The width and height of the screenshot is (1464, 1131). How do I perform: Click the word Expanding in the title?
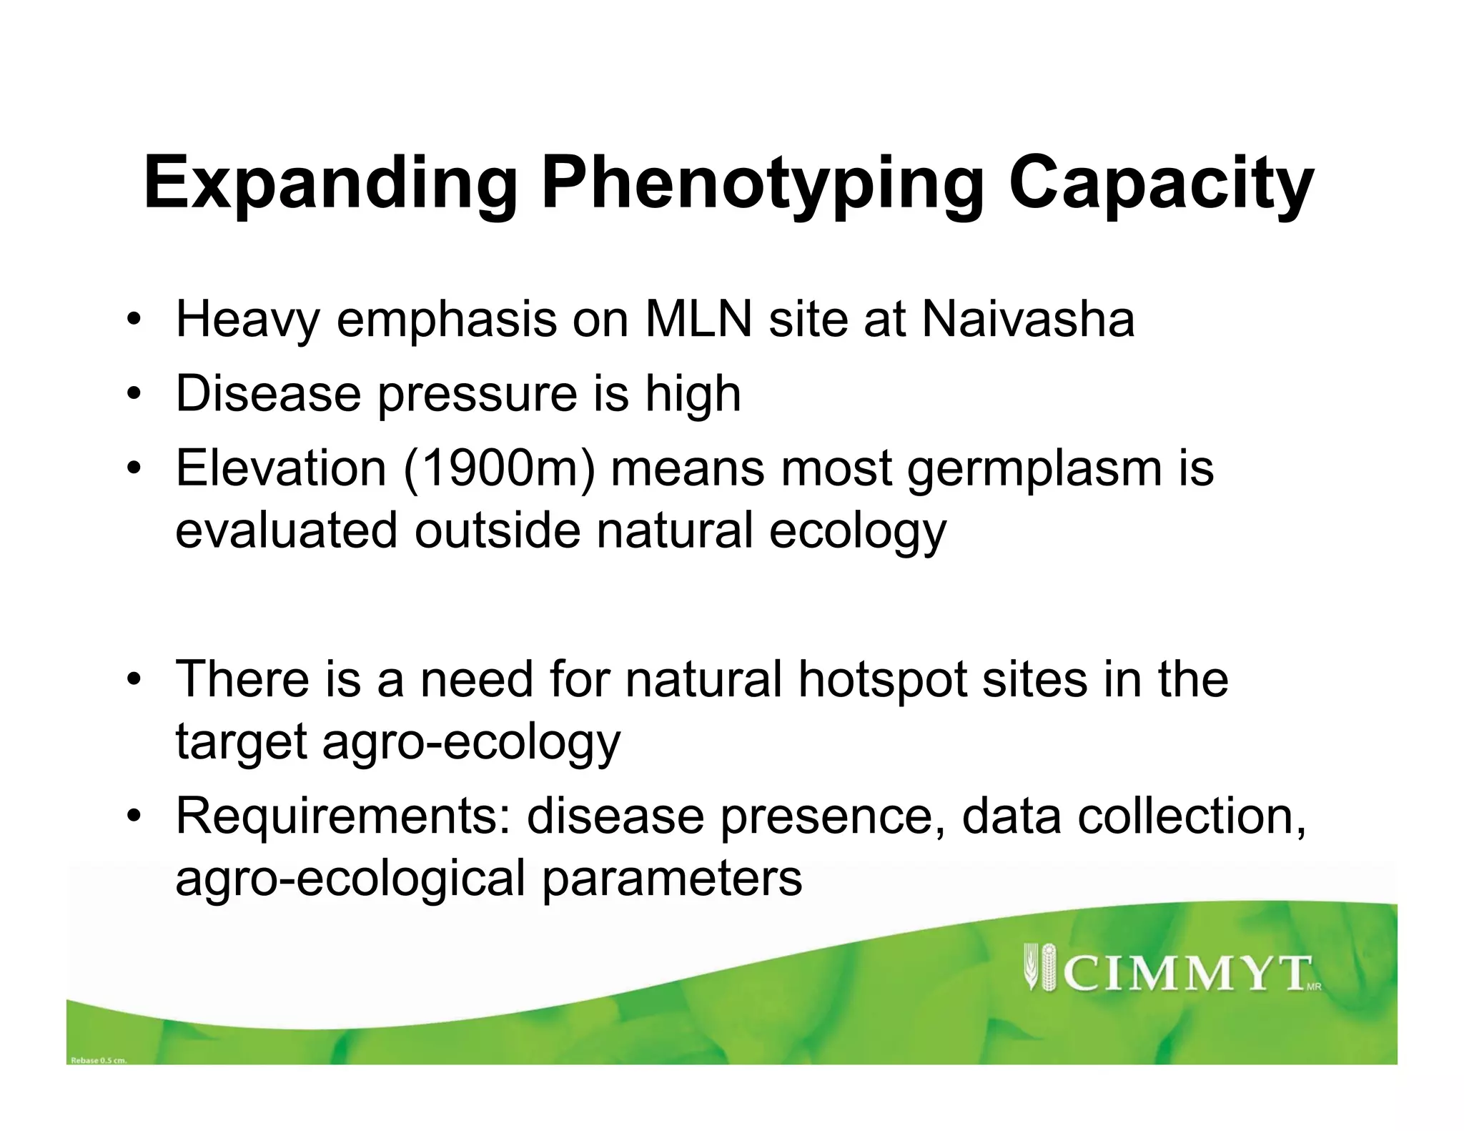pos(330,184)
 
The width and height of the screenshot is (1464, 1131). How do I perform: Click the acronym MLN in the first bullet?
pos(698,320)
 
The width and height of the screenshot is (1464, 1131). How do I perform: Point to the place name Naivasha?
pos(1027,320)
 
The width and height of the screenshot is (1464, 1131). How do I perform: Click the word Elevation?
pos(280,469)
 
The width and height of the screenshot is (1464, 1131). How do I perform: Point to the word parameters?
pos(671,879)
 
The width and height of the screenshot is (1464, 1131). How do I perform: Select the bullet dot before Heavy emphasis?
pos(133,320)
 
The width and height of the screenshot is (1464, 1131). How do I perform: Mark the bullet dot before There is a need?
pos(133,680)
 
